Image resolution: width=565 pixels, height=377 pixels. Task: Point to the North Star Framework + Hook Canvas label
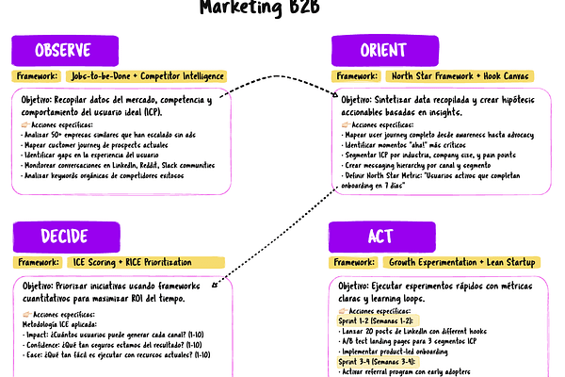(463, 76)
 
